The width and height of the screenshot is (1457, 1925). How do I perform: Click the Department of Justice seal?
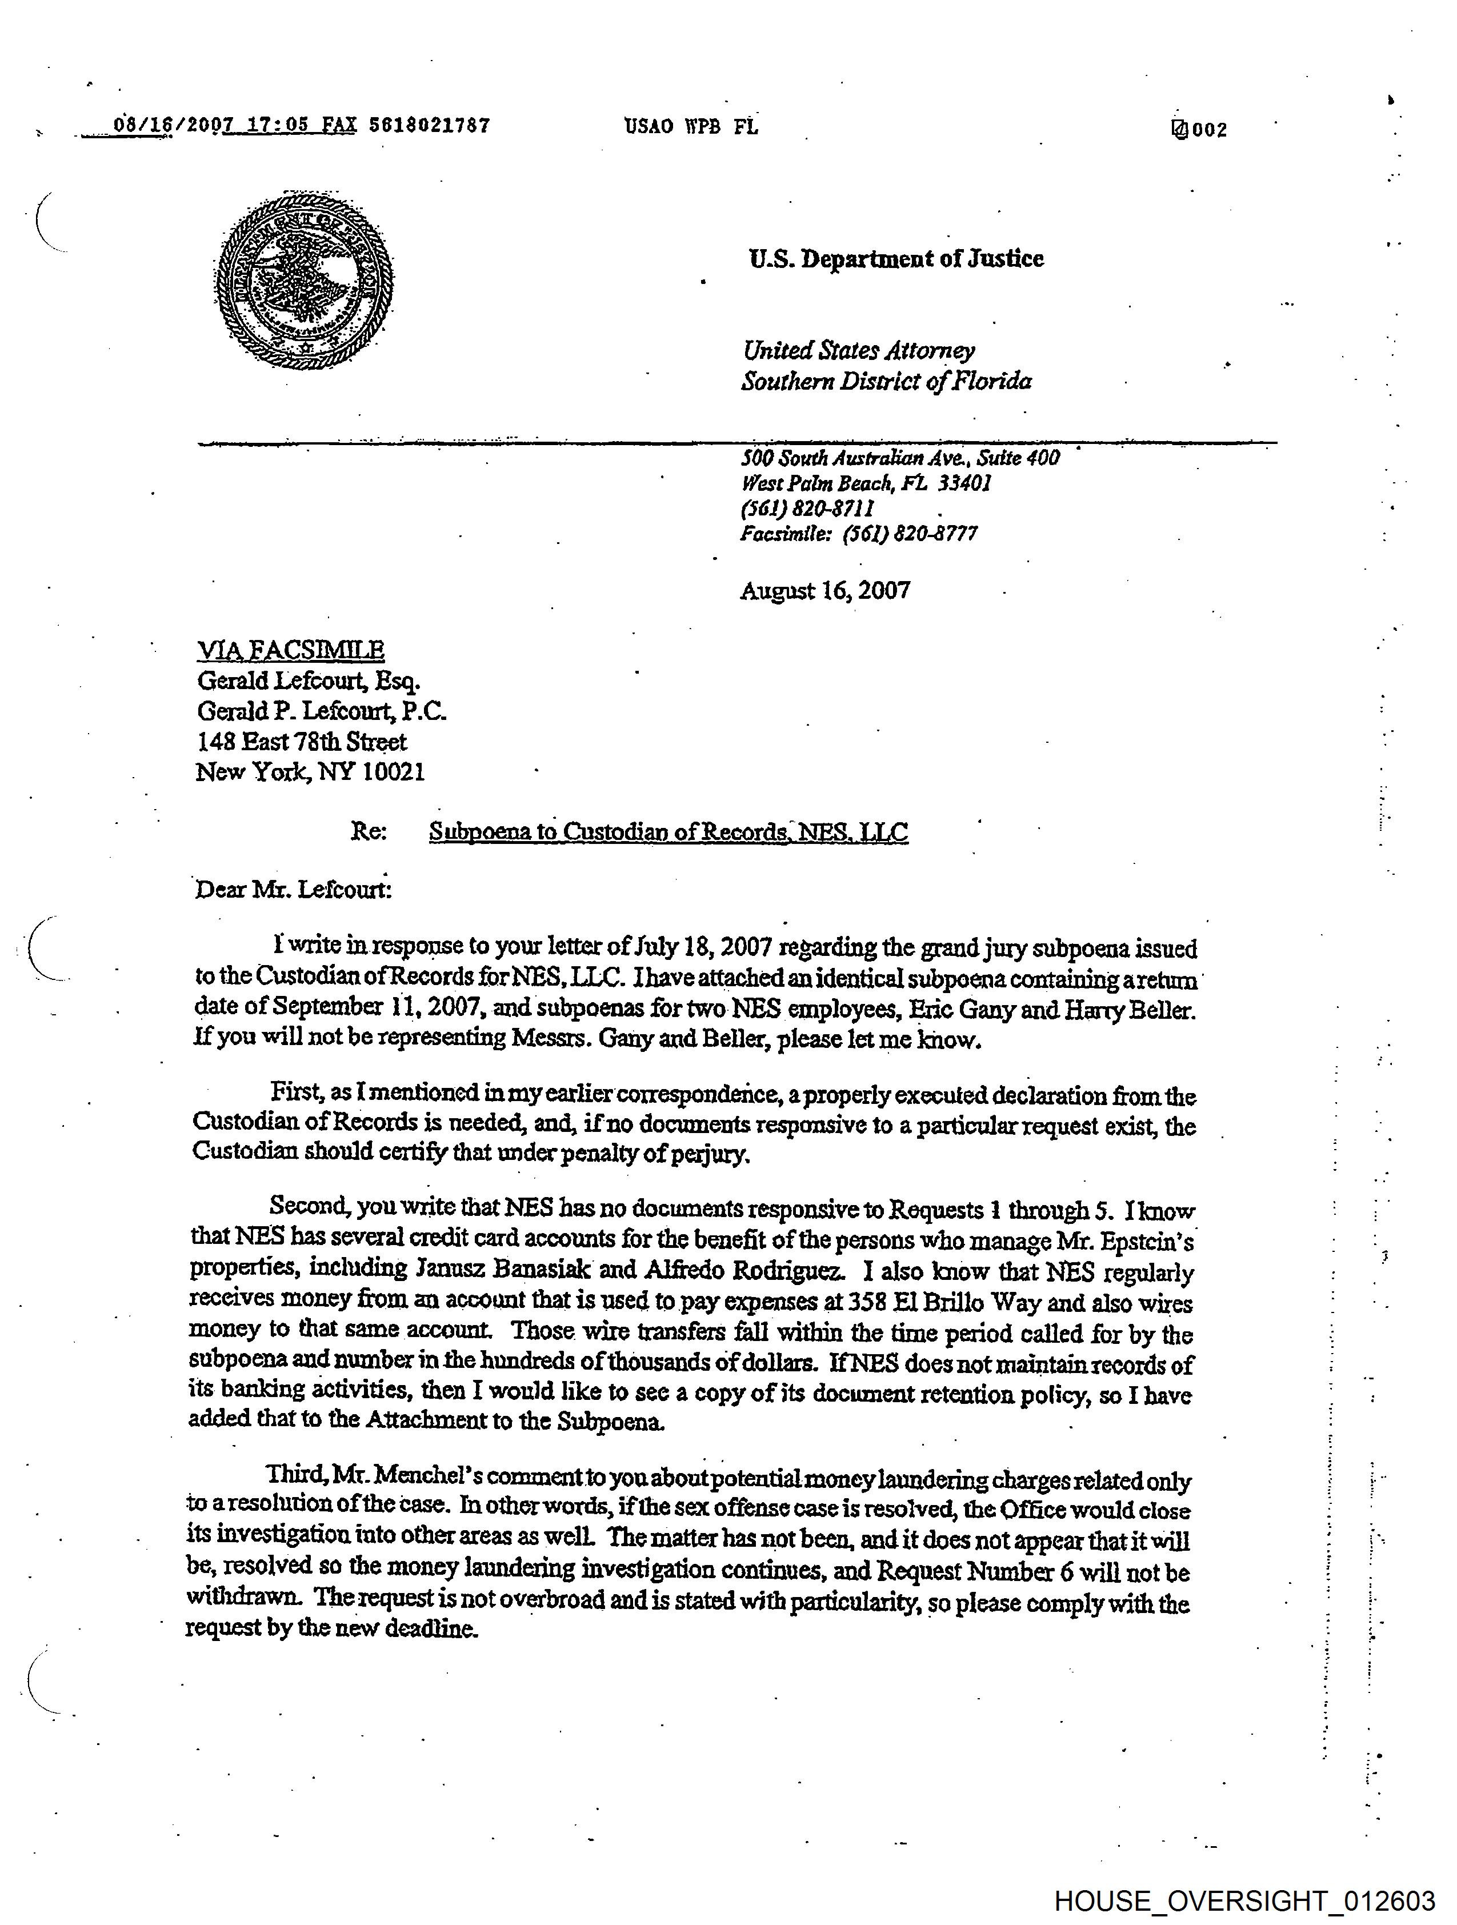[x=304, y=282]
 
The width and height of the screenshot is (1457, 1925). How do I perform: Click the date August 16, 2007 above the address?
[x=824, y=591]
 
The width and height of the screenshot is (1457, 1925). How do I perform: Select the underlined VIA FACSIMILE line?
[x=291, y=650]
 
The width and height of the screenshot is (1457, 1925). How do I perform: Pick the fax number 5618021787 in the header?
[x=429, y=125]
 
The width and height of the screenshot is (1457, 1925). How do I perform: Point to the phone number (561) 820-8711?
[x=807, y=508]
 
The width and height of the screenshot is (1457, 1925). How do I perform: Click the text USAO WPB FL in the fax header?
[x=690, y=127]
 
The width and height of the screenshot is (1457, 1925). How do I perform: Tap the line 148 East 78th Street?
[x=301, y=742]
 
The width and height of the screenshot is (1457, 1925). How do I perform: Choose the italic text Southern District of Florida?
[x=886, y=381]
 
